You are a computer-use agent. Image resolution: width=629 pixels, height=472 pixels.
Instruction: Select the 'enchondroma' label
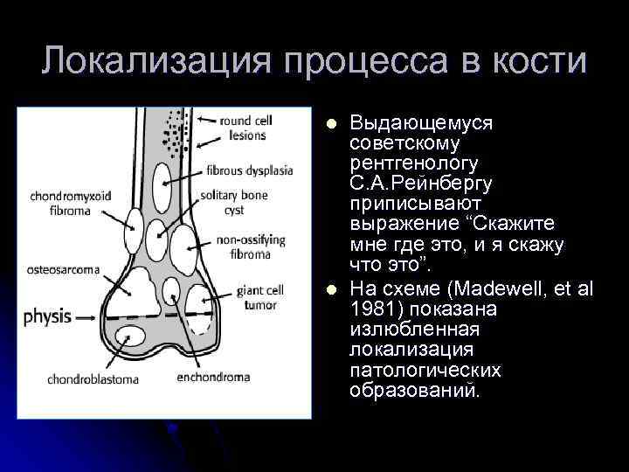[x=213, y=378]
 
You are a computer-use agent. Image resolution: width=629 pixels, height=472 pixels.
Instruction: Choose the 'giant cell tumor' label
[x=258, y=295]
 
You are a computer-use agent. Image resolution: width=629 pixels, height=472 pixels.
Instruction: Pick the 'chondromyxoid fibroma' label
[x=71, y=202]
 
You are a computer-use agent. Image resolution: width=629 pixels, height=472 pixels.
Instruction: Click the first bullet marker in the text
[x=330, y=124]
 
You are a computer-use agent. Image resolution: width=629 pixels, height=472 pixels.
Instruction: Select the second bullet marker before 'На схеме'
[x=330, y=290]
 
